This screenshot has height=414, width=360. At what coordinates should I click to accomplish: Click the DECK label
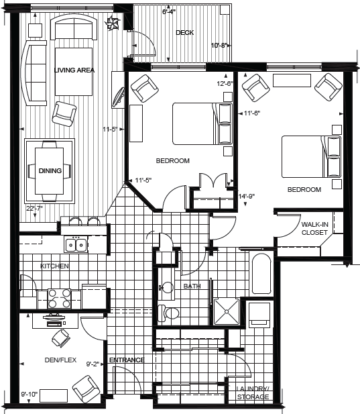click(184, 32)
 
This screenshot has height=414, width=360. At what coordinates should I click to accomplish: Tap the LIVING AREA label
click(74, 70)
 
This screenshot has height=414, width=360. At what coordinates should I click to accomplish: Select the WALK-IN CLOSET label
click(314, 228)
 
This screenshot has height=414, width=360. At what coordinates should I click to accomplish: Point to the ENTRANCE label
click(127, 360)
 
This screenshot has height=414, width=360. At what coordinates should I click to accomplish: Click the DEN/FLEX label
click(60, 360)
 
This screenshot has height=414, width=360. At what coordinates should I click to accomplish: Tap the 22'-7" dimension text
click(34, 208)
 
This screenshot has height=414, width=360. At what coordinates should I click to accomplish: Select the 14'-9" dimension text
click(247, 196)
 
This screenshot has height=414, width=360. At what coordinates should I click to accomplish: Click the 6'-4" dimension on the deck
click(169, 11)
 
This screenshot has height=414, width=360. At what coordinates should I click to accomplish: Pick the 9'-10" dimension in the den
click(29, 394)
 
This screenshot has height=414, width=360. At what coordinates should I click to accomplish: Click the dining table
click(50, 171)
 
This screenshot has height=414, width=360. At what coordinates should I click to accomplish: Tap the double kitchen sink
click(76, 244)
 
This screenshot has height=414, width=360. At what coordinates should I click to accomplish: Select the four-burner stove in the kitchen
click(60, 299)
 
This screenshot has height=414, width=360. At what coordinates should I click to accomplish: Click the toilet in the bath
click(168, 313)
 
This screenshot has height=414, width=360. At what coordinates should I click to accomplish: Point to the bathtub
click(261, 274)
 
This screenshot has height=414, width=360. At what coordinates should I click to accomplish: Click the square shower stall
click(227, 311)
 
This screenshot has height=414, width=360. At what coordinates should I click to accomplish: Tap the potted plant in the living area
click(112, 23)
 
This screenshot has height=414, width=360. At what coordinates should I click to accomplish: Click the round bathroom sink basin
click(167, 287)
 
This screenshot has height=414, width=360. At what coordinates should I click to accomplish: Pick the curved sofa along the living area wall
click(34, 73)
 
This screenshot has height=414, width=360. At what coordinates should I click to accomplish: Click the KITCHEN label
click(54, 266)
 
